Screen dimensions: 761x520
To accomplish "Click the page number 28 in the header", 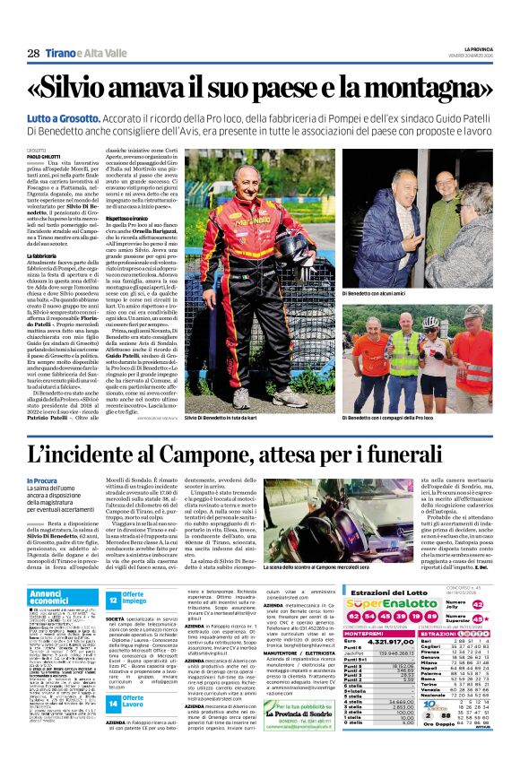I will pos(32,54).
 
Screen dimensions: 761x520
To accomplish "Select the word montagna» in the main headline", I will pos(424,90).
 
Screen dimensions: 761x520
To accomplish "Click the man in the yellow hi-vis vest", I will pos(378,359).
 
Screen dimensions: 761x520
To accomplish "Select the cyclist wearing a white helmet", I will pos(429,354).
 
